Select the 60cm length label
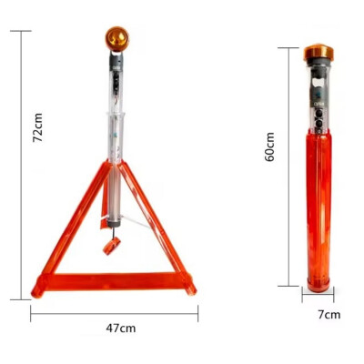[269, 146]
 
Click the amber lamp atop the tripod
[117, 39]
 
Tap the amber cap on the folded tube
[318, 53]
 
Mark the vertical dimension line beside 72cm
[20, 164]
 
